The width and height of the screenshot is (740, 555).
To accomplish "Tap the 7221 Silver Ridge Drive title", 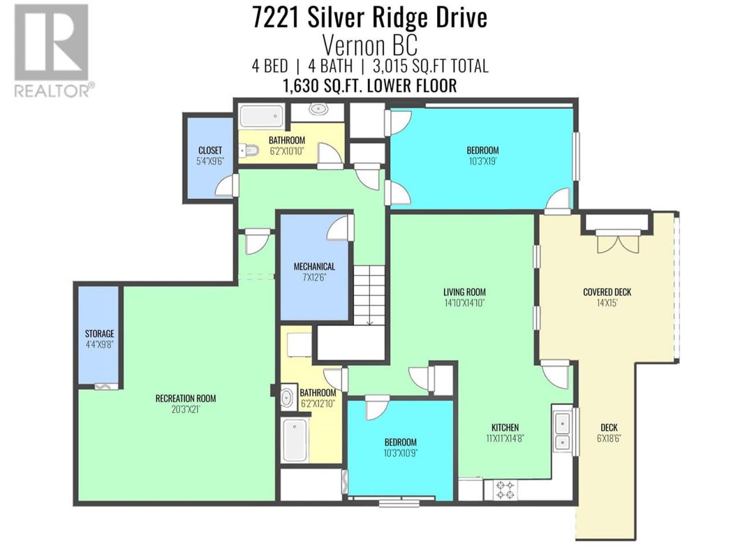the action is coord(370,18).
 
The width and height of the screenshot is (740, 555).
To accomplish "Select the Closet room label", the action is coord(210,150).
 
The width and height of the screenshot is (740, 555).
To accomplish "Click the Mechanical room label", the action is coord(314,267).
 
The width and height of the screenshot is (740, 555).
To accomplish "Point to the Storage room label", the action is coord(99,334).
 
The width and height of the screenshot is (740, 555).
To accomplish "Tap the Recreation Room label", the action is coord(186,398).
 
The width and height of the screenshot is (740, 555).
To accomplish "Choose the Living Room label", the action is coord(464,292).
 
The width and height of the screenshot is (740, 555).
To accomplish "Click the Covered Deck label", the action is coord(607,292).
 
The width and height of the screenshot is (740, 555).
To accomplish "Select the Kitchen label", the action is coord(505,428).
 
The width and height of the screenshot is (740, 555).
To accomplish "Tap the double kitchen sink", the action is coord(562,431).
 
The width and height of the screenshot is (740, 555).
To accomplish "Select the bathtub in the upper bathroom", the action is coord(261,116).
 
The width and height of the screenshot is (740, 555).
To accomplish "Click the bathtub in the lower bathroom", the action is coord(295,440).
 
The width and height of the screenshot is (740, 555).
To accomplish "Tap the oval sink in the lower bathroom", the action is coord(287,398).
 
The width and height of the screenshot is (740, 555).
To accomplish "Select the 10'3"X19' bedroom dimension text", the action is coord(483,161).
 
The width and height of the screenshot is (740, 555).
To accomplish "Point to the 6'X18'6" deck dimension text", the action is coord(609,438).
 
